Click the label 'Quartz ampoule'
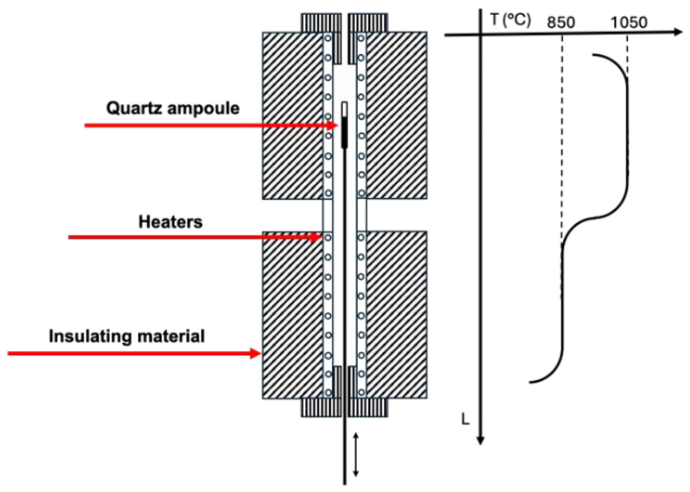point(173,108)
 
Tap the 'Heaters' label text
point(170,222)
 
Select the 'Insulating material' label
point(126,336)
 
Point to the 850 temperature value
point(560,23)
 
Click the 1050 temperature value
point(629,22)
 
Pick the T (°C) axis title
point(510,20)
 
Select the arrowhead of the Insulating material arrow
point(255,353)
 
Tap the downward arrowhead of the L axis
point(481,441)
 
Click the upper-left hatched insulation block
point(292,115)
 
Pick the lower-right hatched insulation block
point(397,315)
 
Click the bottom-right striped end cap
point(368,408)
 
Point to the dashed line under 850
point(562,136)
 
